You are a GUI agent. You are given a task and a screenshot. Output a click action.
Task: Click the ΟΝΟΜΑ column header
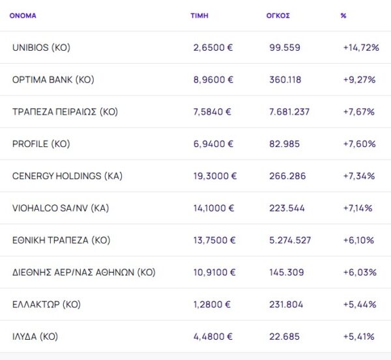(x=23, y=16)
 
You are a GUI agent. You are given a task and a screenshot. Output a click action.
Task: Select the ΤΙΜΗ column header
(x=199, y=16)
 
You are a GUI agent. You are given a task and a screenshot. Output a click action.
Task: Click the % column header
(x=343, y=16)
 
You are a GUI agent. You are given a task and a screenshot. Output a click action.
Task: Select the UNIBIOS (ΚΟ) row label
(x=41, y=48)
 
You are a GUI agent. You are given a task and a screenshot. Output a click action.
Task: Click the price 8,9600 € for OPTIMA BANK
(x=213, y=80)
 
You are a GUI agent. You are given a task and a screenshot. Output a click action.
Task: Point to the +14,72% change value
(x=361, y=48)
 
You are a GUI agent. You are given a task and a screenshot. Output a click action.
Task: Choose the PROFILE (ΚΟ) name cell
(x=41, y=144)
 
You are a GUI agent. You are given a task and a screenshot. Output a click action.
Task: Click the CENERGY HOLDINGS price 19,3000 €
(x=215, y=176)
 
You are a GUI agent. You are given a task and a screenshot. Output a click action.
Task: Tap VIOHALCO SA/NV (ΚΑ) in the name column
(x=60, y=208)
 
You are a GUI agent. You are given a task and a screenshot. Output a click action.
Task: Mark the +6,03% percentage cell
(x=359, y=272)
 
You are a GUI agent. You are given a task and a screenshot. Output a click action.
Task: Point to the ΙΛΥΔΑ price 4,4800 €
(x=213, y=337)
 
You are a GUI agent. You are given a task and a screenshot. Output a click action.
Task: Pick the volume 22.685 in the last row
(x=283, y=337)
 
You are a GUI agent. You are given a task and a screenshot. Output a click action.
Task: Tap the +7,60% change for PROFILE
(x=359, y=144)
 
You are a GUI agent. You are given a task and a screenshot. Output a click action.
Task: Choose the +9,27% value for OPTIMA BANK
(x=359, y=80)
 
